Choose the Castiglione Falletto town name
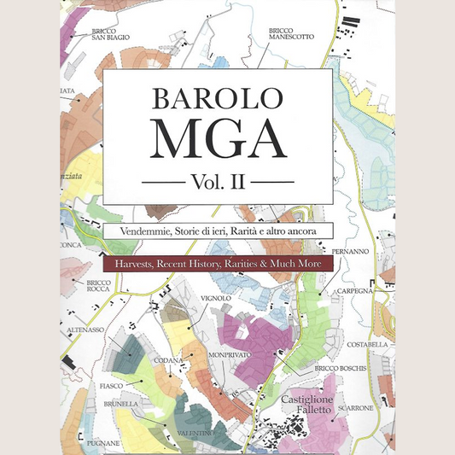(x=312, y=405)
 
